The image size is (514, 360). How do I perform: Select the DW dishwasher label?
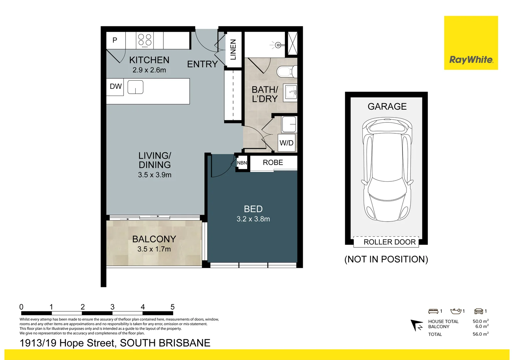[x=116, y=87]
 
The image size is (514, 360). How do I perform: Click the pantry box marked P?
[x=115, y=40]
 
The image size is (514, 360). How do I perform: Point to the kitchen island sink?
[x=136, y=87]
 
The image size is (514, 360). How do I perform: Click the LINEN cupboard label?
[x=233, y=50]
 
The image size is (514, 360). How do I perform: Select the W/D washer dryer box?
[x=286, y=143]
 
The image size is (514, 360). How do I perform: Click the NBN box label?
[x=242, y=163]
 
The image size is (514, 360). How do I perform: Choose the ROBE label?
[x=273, y=163]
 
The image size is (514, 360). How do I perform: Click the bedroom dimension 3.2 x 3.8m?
[x=253, y=219]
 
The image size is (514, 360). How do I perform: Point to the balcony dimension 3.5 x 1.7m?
[x=154, y=249]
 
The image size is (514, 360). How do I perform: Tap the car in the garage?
[x=387, y=169]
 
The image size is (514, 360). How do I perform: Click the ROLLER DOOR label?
[x=389, y=242]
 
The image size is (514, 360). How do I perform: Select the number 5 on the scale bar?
[x=173, y=307]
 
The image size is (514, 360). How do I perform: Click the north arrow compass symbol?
[x=416, y=325]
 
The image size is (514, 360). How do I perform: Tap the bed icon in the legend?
[x=433, y=311]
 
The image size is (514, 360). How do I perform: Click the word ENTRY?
[x=202, y=64]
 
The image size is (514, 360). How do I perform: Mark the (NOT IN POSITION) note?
[x=386, y=259]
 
